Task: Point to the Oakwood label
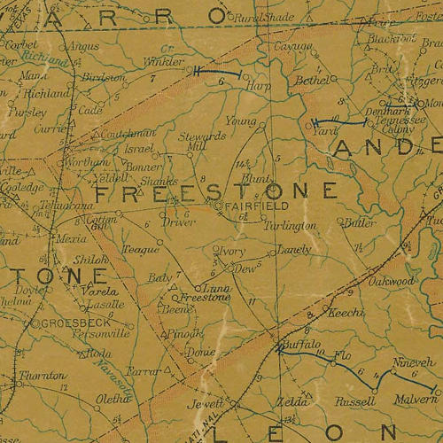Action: [391, 281]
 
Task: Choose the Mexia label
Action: [70, 238]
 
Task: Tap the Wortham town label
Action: [88, 163]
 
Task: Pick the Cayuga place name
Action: [292, 46]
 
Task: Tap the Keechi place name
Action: [346, 314]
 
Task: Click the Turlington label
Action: [289, 226]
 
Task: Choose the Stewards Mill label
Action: [202, 142]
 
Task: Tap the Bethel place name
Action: [311, 80]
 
